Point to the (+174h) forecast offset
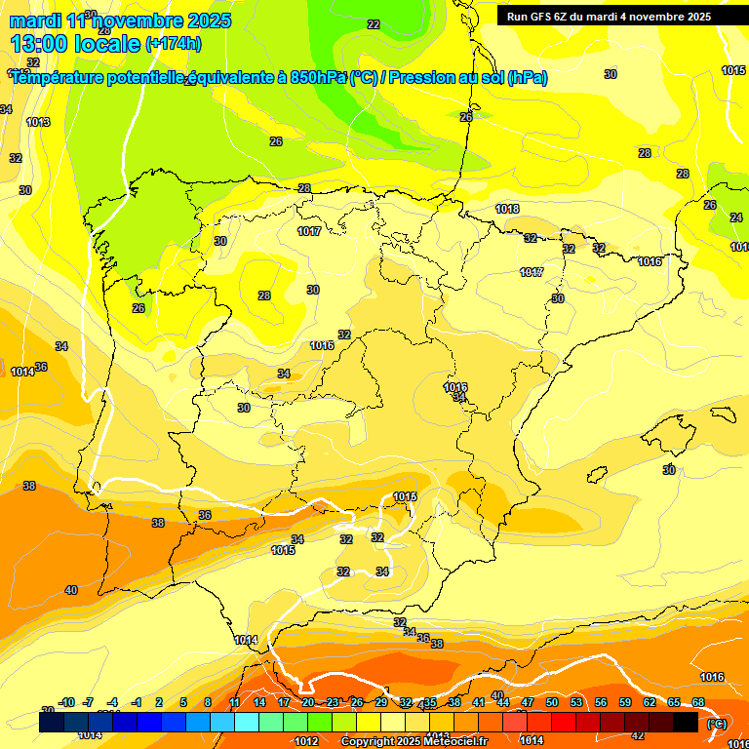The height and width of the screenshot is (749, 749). point(174,44)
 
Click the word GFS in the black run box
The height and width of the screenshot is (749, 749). point(544,17)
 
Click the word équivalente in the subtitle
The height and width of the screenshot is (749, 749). point(234,78)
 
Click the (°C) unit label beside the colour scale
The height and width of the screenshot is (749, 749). point(717,723)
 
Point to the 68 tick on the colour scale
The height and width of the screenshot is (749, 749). point(698,702)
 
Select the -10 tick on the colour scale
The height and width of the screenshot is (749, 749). point(66,702)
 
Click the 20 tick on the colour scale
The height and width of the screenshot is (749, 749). point(308,702)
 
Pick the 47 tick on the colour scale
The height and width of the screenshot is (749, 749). point(528,702)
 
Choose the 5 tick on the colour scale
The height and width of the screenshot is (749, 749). point(184,702)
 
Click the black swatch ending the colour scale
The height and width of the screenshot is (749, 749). point(686,722)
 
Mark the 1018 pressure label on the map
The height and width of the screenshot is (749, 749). point(507,210)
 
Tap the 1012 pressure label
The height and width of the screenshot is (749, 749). point(306,741)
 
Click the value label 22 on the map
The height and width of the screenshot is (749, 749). point(374,24)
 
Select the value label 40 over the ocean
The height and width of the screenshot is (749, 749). point(71,590)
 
